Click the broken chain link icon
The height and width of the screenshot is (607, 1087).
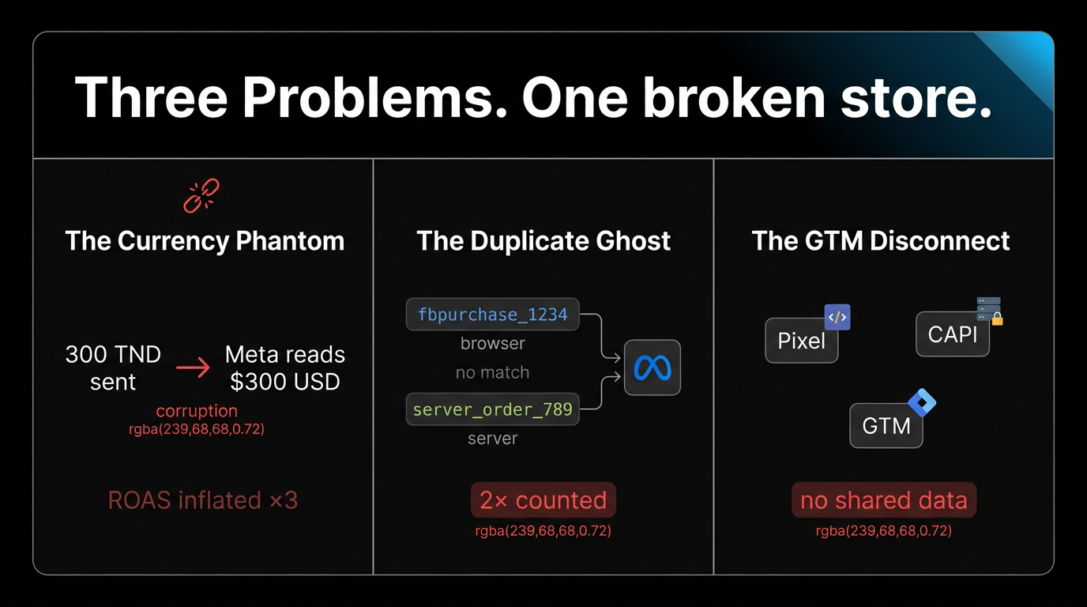(201, 196)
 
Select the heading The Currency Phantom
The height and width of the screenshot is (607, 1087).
(205, 240)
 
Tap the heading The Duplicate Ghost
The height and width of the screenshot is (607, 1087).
(543, 240)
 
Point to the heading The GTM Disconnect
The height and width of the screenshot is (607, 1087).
(881, 240)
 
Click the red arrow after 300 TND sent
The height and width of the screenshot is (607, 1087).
(193, 368)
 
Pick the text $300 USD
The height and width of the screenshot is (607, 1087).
(285, 382)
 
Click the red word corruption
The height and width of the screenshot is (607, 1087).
(197, 411)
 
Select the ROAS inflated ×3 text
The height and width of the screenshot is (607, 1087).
(203, 500)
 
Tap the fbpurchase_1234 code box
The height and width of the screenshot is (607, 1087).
(492, 315)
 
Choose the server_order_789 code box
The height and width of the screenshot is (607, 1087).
(492, 409)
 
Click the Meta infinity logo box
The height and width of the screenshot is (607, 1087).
(652, 368)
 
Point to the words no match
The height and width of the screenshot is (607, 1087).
(492, 372)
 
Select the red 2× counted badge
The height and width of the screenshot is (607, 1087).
(543, 500)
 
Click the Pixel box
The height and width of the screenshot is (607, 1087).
(801, 341)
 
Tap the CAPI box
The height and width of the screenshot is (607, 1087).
(952, 334)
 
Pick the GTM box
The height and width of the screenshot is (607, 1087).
(886, 426)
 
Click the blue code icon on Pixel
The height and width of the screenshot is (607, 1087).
(837, 317)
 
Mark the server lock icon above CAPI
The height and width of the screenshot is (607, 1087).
(989, 311)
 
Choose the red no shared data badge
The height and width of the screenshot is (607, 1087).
(884, 500)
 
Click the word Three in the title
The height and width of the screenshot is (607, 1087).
(150, 99)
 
